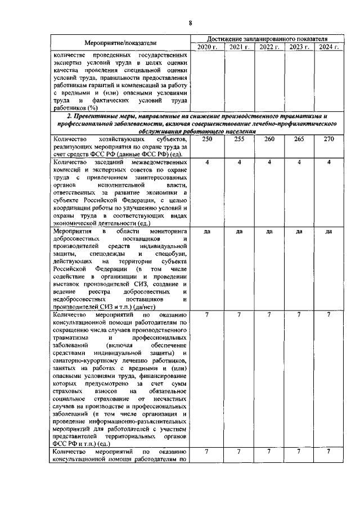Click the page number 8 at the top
coord(190,23)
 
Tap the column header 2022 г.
coord(269,47)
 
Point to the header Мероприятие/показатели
coord(120,43)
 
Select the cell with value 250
coord(208,139)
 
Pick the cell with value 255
coord(239,139)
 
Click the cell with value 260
coord(269,139)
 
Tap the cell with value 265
coord(299,139)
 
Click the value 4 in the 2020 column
coord(208,163)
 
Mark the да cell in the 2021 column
coord(239,231)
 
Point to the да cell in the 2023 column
coord(299,231)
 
